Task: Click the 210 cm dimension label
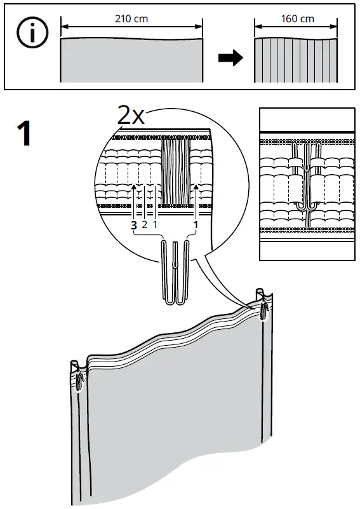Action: point(131,19)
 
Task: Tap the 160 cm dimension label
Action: point(297,19)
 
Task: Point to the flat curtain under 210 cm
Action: point(131,60)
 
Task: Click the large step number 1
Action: point(23,134)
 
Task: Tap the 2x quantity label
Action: point(131,115)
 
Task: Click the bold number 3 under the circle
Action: point(133,225)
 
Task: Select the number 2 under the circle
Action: point(144,225)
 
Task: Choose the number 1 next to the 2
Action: point(155,225)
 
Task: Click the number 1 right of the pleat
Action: point(196,225)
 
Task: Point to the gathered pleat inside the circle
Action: point(177,172)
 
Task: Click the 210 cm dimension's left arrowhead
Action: point(63,27)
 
